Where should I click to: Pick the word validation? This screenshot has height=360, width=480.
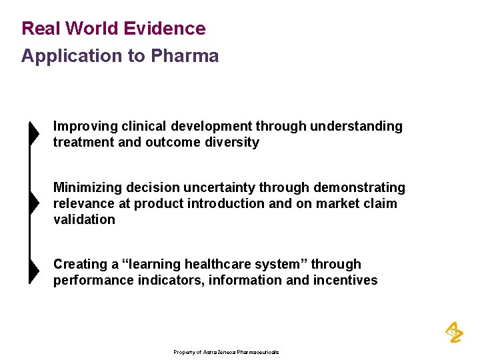coord(84,220)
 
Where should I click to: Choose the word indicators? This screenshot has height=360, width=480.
coord(169,281)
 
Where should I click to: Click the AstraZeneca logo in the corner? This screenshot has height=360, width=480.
coord(454,331)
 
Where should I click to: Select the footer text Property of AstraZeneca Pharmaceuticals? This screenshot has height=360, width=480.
coord(226,352)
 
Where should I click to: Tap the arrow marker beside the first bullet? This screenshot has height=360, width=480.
coord(33,133)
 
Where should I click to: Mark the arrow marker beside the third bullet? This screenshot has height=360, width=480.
coord(33,271)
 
